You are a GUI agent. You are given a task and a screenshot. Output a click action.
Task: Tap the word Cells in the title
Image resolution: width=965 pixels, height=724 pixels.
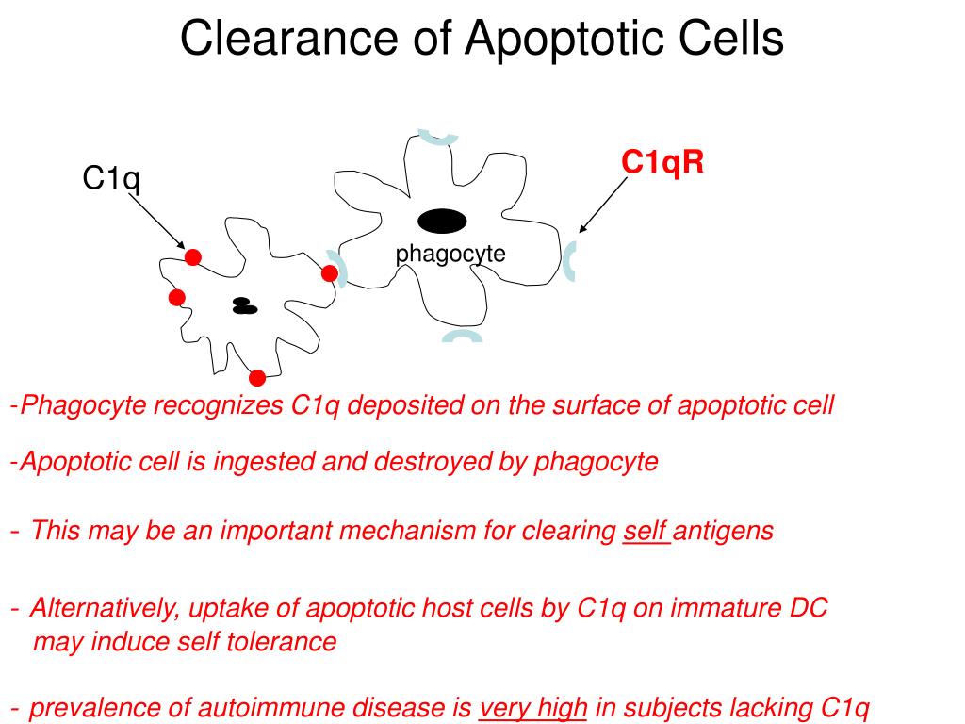point(728,40)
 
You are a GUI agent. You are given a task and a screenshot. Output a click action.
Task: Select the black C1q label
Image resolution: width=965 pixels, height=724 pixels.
point(111,177)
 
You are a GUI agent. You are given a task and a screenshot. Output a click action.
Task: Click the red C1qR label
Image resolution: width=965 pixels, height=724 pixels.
point(662,162)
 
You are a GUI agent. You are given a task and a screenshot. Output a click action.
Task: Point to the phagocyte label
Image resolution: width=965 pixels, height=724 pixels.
point(450,253)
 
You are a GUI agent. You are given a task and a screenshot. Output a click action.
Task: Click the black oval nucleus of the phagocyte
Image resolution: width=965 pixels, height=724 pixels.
point(442,221)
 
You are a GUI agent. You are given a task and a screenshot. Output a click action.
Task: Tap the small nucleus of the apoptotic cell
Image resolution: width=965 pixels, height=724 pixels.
point(244,306)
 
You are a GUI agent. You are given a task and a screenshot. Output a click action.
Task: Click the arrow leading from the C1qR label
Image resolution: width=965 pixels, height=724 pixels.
point(603,206)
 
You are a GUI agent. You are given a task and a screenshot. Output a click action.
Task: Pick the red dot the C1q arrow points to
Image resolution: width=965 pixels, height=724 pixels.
point(193,257)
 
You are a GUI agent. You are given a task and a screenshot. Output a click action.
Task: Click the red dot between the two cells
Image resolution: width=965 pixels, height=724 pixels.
point(330,273)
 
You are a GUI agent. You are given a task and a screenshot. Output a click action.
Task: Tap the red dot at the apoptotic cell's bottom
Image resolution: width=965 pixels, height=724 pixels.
point(257,378)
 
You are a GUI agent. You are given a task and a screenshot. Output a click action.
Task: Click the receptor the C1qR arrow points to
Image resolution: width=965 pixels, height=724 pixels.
point(570,261)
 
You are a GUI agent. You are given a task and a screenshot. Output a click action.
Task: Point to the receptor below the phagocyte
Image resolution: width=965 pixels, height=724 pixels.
point(462,337)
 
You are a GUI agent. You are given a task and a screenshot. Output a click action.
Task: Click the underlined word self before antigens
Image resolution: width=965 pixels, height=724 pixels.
point(645,531)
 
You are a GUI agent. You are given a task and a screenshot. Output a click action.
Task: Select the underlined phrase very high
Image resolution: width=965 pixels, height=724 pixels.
point(533,708)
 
